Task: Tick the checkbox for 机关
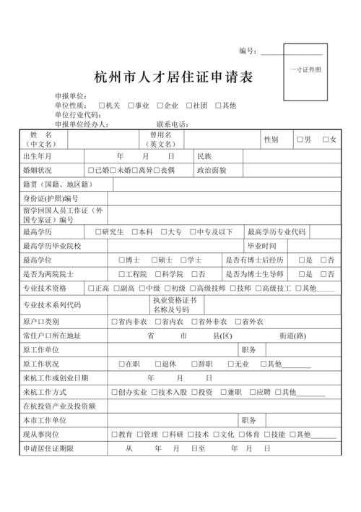[102, 105]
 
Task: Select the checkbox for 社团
[188, 105]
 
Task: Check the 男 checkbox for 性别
[300, 140]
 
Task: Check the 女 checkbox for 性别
[326, 140]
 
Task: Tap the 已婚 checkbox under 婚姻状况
[91, 171]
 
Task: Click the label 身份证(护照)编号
[51, 198]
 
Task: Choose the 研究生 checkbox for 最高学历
[99, 232]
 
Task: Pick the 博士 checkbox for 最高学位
[121, 260]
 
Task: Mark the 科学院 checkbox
[157, 274]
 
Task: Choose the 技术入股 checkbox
[154, 392]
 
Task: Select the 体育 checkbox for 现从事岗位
[240, 435]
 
